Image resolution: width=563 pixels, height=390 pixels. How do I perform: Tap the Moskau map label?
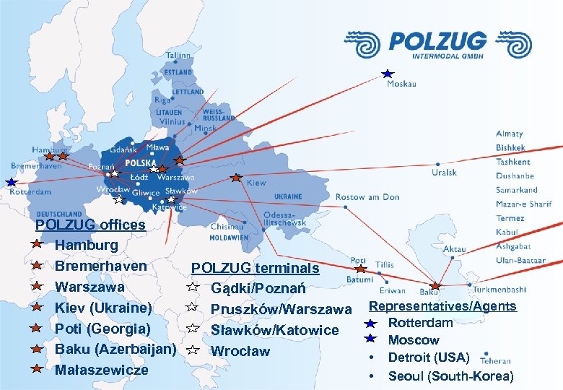tap(401, 84)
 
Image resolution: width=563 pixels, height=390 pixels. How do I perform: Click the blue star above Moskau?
tap(388, 74)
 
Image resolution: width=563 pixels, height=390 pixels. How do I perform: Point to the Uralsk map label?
tap(444, 173)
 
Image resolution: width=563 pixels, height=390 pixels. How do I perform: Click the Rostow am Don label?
tap(367, 197)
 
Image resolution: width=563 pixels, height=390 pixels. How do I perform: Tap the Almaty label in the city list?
tap(509, 134)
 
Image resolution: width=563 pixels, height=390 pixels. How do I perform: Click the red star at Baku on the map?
tap(435, 286)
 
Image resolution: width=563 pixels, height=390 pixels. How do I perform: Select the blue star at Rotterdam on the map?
tap(11, 182)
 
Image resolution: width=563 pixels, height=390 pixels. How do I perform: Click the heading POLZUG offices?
tap(90, 225)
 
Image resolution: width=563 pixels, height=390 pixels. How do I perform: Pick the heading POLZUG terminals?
tap(255, 268)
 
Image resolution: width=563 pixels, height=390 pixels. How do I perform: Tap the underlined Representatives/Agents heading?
tap(442, 306)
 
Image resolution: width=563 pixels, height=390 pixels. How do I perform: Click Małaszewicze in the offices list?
tap(102, 370)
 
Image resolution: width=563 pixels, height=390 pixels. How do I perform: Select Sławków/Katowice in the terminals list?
tap(274, 330)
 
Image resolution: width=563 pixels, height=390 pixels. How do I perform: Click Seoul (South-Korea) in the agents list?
tap(451, 376)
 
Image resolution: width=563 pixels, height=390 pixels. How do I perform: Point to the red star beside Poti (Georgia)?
tap(35, 329)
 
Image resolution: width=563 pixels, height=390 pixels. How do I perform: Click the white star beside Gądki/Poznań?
tap(193, 288)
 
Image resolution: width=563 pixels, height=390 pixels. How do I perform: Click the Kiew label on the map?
tap(256, 183)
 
